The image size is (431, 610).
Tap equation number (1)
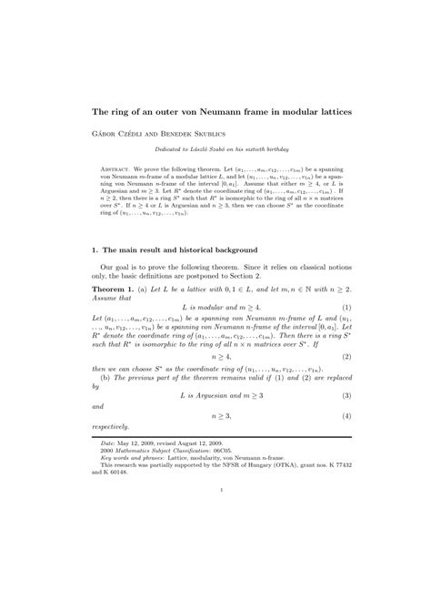click(x=346, y=307)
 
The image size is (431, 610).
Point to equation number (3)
click(x=346, y=398)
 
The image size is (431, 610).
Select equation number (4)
click(x=346, y=415)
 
